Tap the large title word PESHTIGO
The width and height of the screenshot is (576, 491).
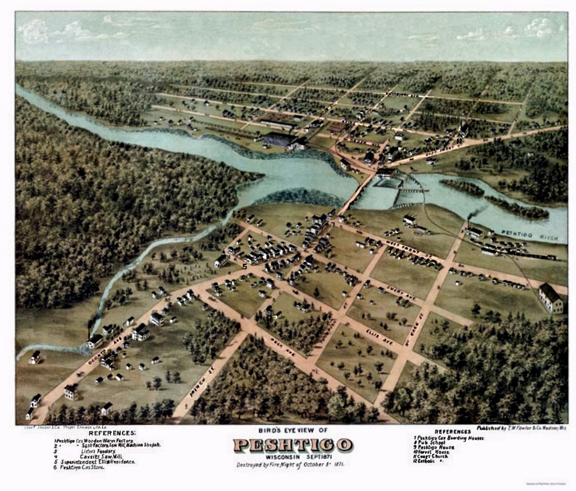click(x=293, y=445)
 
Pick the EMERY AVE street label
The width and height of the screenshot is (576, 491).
click(x=401, y=293)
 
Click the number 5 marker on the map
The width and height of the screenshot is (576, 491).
click(x=245, y=266)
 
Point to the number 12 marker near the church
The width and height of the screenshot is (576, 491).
click(x=459, y=141)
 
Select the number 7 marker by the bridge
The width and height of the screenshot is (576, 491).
click(x=333, y=224)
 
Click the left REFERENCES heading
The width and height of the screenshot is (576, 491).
click(x=112, y=433)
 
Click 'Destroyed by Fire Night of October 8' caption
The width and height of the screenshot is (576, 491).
click(x=291, y=465)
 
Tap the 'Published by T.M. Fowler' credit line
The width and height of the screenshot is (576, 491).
click(x=521, y=428)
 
